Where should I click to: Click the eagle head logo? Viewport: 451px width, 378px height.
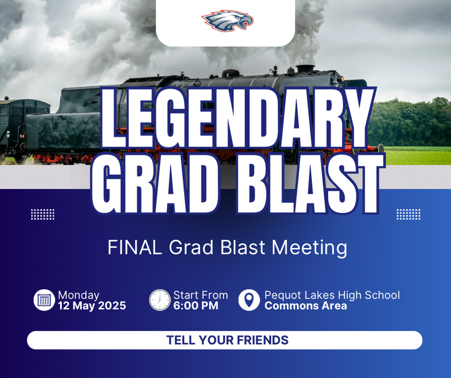pyautogui.click(x=228, y=21)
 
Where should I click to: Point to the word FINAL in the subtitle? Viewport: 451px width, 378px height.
pyautogui.click(x=135, y=248)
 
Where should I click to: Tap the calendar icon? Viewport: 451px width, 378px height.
pyautogui.click(x=44, y=300)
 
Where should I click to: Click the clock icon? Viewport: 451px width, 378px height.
pyautogui.click(x=160, y=300)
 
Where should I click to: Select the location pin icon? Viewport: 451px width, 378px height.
pyautogui.click(x=249, y=300)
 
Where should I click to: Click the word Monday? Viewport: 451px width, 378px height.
pyautogui.click(x=79, y=296)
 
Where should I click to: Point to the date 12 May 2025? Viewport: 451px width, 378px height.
pyautogui.click(x=92, y=305)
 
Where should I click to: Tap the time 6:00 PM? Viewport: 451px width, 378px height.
pyautogui.click(x=196, y=305)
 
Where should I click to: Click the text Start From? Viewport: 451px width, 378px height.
pyautogui.click(x=200, y=295)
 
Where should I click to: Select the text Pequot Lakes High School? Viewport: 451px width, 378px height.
pyautogui.click(x=332, y=295)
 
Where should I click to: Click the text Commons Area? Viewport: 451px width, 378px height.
pyautogui.click(x=306, y=305)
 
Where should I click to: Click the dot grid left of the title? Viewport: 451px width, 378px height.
pyautogui.click(x=43, y=214)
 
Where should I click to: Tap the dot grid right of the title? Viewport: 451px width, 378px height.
pyautogui.click(x=408, y=214)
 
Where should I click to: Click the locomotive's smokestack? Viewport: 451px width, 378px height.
pyautogui.click(x=305, y=69)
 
